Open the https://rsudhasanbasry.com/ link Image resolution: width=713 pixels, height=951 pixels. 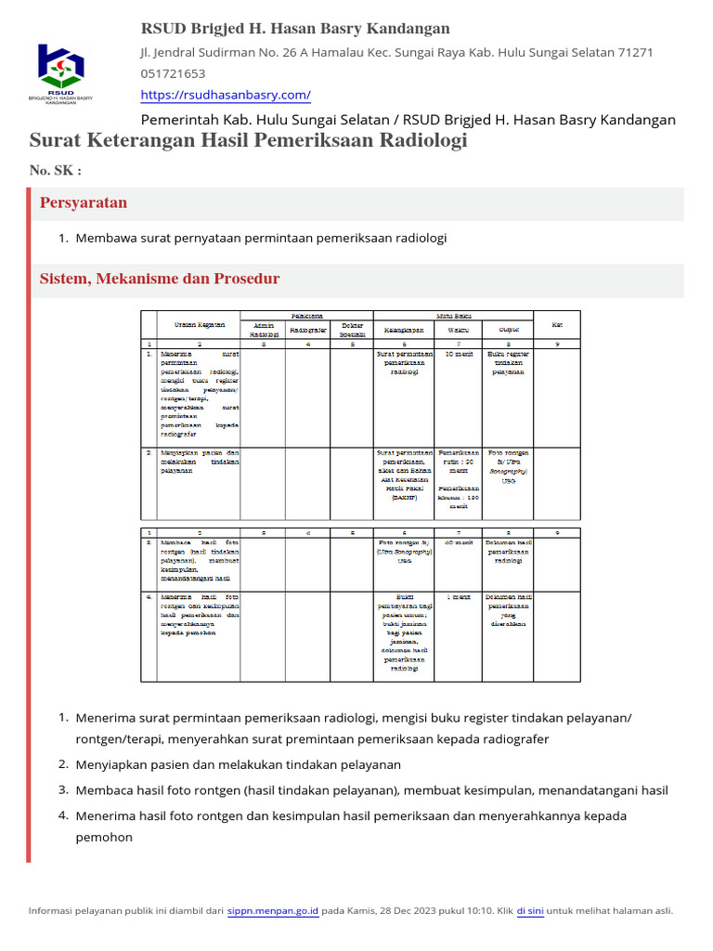pyautogui.click(x=226, y=95)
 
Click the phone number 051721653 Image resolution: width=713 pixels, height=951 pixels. pyautogui.click(x=173, y=73)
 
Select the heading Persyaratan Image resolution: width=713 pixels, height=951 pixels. pyautogui.click(x=84, y=202)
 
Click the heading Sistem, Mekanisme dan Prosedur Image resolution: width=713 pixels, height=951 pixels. pyautogui.click(x=159, y=279)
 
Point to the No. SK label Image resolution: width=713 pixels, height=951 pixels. pyautogui.click(x=56, y=170)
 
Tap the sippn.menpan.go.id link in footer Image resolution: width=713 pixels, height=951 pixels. pyautogui.click(x=273, y=911)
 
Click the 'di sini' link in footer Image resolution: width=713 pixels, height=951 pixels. pyautogui.click(x=529, y=911)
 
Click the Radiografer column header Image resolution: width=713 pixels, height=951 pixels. pyautogui.click(x=306, y=330)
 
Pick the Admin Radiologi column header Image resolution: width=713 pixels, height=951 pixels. pyautogui.click(x=264, y=330)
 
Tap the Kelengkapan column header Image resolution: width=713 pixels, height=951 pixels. pyautogui.click(x=404, y=330)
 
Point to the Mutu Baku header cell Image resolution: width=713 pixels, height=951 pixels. pyautogui.click(x=453, y=316)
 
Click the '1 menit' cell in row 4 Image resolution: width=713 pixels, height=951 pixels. pyautogui.click(x=459, y=597)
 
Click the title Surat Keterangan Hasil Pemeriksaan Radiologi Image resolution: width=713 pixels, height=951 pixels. pyautogui.click(x=249, y=140)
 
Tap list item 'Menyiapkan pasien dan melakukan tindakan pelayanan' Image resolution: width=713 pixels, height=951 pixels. pyautogui.click(x=238, y=764)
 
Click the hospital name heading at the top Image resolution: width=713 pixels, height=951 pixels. pyautogui.click(x=295, y=29)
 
